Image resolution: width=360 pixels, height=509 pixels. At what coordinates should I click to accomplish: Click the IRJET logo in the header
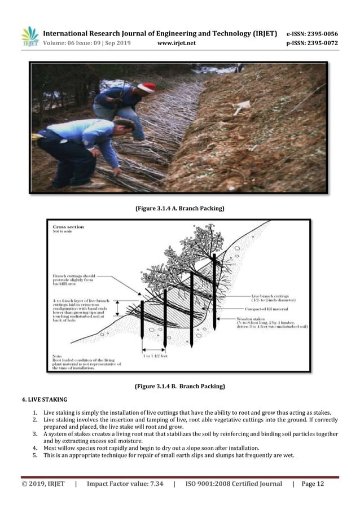tap(30, 37)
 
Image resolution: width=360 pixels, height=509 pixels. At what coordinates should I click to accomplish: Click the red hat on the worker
tap(146, 87)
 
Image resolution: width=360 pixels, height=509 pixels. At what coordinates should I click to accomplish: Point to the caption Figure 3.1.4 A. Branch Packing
tap(179, 209)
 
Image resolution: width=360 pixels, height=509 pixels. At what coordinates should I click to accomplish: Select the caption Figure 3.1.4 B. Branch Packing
tap(179, 387)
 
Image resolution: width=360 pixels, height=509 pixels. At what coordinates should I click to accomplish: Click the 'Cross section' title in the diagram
tap(68, 227)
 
